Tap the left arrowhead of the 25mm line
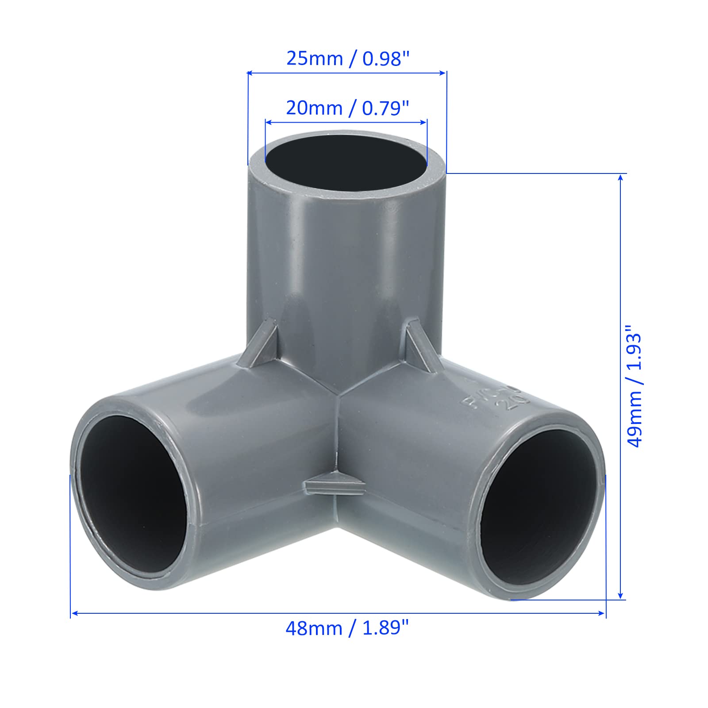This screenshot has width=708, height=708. point(250,73)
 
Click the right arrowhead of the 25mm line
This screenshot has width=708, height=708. point(443,73)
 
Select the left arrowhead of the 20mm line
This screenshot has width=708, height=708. point(267,122)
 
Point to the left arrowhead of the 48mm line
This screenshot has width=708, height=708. point(74,613)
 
